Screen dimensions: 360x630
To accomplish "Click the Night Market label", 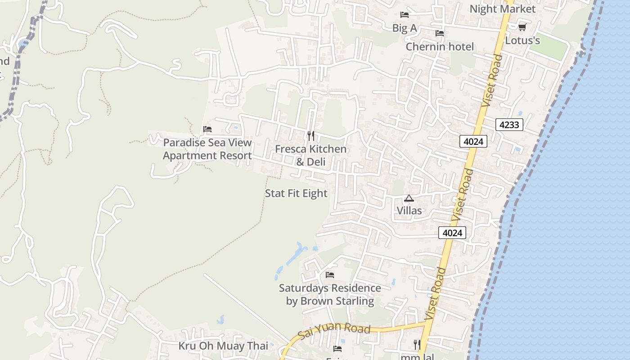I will [x=502, y=9].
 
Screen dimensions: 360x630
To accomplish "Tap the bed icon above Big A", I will [x=405, y=15].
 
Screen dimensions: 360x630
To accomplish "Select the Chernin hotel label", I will [x=440, y=47].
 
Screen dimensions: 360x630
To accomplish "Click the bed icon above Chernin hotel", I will [x=440, y=33].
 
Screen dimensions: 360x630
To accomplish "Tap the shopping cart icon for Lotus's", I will [x=522, y=27].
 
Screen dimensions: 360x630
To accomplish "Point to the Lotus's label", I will [x=522, y=40].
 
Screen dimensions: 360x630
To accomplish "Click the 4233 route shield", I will [x=509, y=125].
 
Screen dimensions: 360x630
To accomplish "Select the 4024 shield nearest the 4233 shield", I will [x=473, y=142].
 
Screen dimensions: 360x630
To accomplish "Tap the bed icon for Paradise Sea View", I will [x=207, y=129].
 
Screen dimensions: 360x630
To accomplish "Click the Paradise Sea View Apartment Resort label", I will [x=207, y=149].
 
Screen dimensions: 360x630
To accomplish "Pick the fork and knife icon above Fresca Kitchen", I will [x=310, y=135].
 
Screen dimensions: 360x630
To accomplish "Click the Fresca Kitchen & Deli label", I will [x=310, y=155].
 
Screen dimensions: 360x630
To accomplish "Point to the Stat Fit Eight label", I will [x=296, y=193].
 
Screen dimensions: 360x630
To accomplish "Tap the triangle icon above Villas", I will [x=409, y=198].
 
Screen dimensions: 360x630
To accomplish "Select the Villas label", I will [x=409, y=211].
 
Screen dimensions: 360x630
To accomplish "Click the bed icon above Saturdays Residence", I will [x=330, y=275].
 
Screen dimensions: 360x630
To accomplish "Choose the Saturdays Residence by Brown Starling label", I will [x=330, y=294].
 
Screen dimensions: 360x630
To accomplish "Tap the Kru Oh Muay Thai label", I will [x=223, y=346].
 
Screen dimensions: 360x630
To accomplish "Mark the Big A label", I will [x=405, y=28].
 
